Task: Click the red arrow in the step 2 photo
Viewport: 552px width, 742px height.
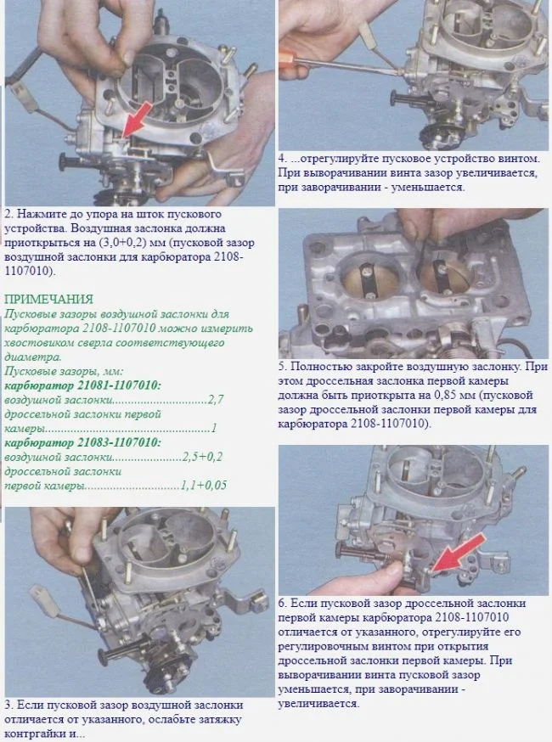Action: point(138,120)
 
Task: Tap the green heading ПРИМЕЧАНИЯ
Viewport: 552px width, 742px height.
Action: point(48,299)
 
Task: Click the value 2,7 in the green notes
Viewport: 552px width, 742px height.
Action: point(216,400)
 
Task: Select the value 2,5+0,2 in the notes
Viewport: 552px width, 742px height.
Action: point(202,457)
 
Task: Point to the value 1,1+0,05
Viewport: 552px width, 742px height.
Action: point(204,486)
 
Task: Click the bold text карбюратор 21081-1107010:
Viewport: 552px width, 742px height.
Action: point(83,385)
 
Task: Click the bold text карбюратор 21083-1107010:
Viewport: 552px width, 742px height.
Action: point(83,443)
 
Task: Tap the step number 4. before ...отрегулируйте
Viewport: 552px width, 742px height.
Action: point(282,159)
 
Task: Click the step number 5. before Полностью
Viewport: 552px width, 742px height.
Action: point(282,367)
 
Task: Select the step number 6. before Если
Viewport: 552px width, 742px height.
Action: point(282,604)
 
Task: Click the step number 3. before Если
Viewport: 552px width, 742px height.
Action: point(8,705)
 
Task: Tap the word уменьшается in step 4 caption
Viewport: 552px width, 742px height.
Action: point(431,187)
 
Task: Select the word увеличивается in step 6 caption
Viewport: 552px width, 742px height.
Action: point(318,704)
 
